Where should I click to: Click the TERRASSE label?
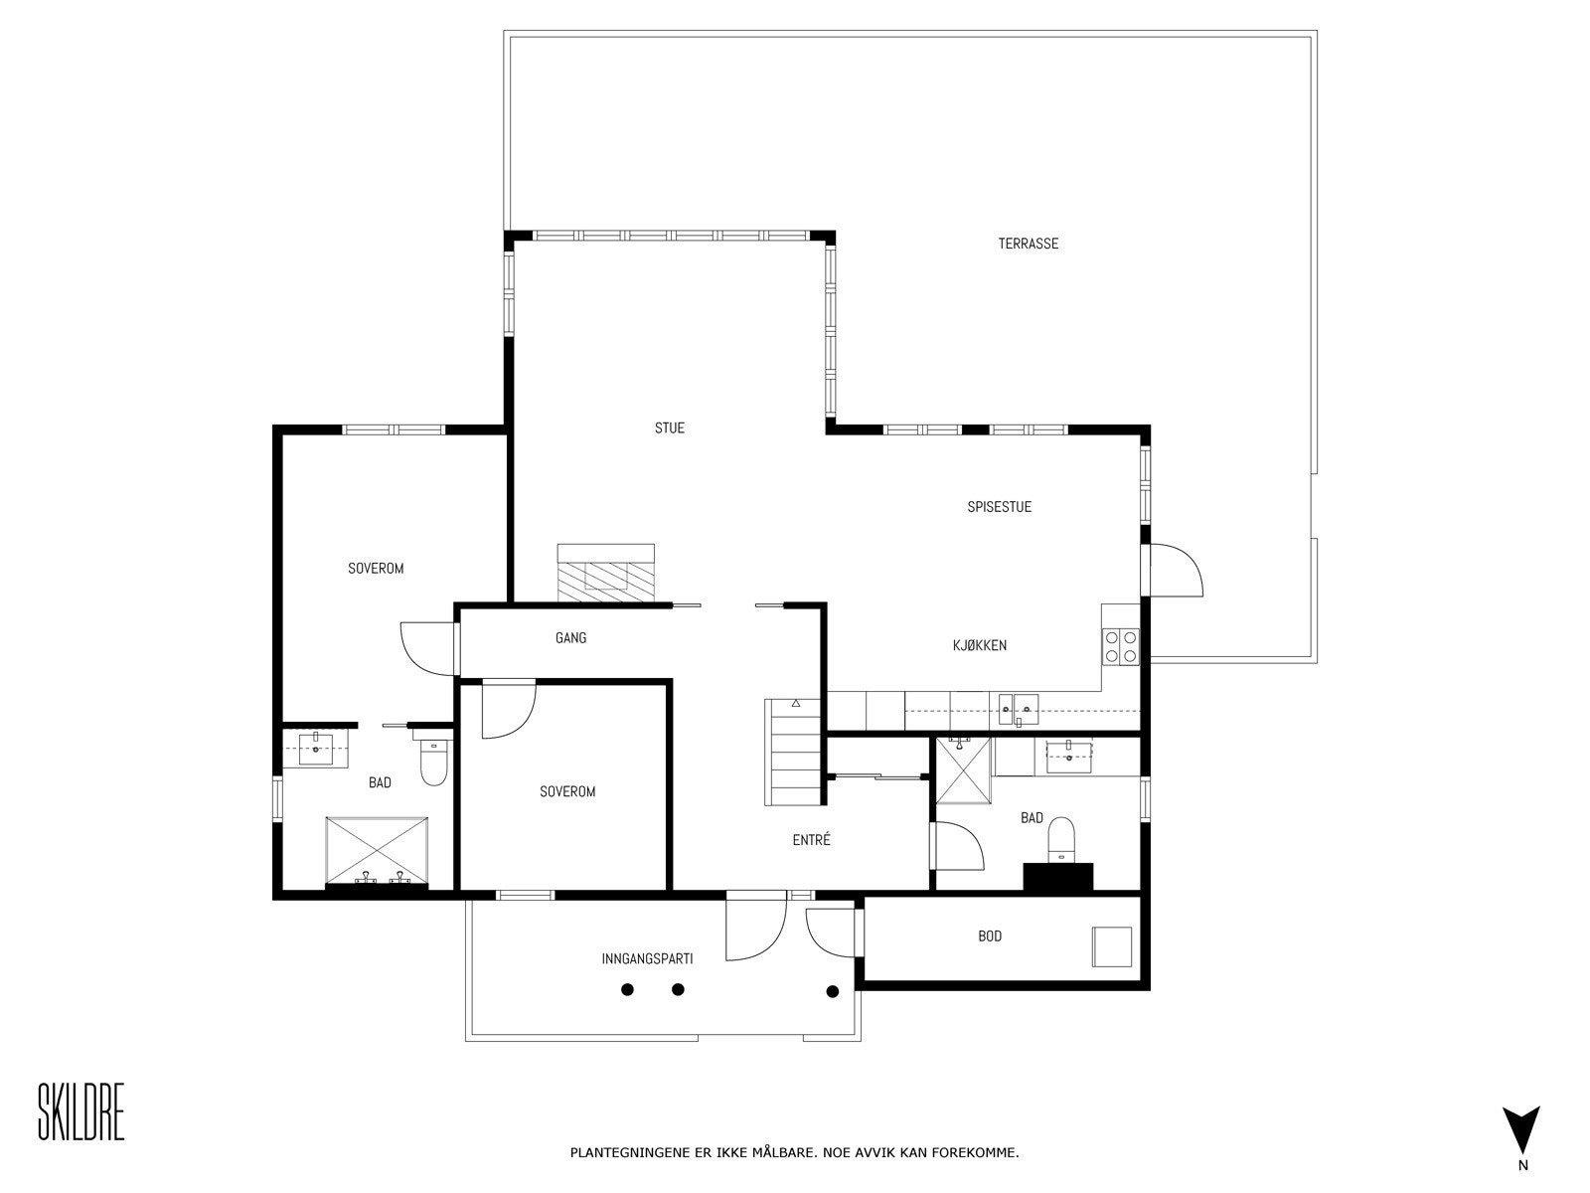click(x=1028, y=244)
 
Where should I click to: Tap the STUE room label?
click(x=669, y=428)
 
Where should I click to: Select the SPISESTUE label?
click(x=999, y=507)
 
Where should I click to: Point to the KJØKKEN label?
click(x=979, y=645)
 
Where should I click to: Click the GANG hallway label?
click(x=570, y=638)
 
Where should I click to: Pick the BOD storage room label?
click(x=989, y=937)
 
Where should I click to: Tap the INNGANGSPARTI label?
click(x=646, y=959)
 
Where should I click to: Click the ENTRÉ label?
click(x=811, y=840)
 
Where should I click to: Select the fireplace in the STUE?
click(x=605, y=574)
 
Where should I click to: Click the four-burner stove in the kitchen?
click(x=1121, y=646)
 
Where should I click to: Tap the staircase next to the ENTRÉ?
click(x=793, y=753)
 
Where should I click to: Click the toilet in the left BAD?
click(x=433, y=763)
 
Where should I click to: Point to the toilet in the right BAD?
click(x=1061, y=838)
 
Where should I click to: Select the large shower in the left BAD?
click(x=377, y=850)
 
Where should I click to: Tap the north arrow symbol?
click(x=1520, y=1129)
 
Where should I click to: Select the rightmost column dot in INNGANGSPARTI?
click(x=833, y=991)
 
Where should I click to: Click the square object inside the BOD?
click(x=1112, y=946)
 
